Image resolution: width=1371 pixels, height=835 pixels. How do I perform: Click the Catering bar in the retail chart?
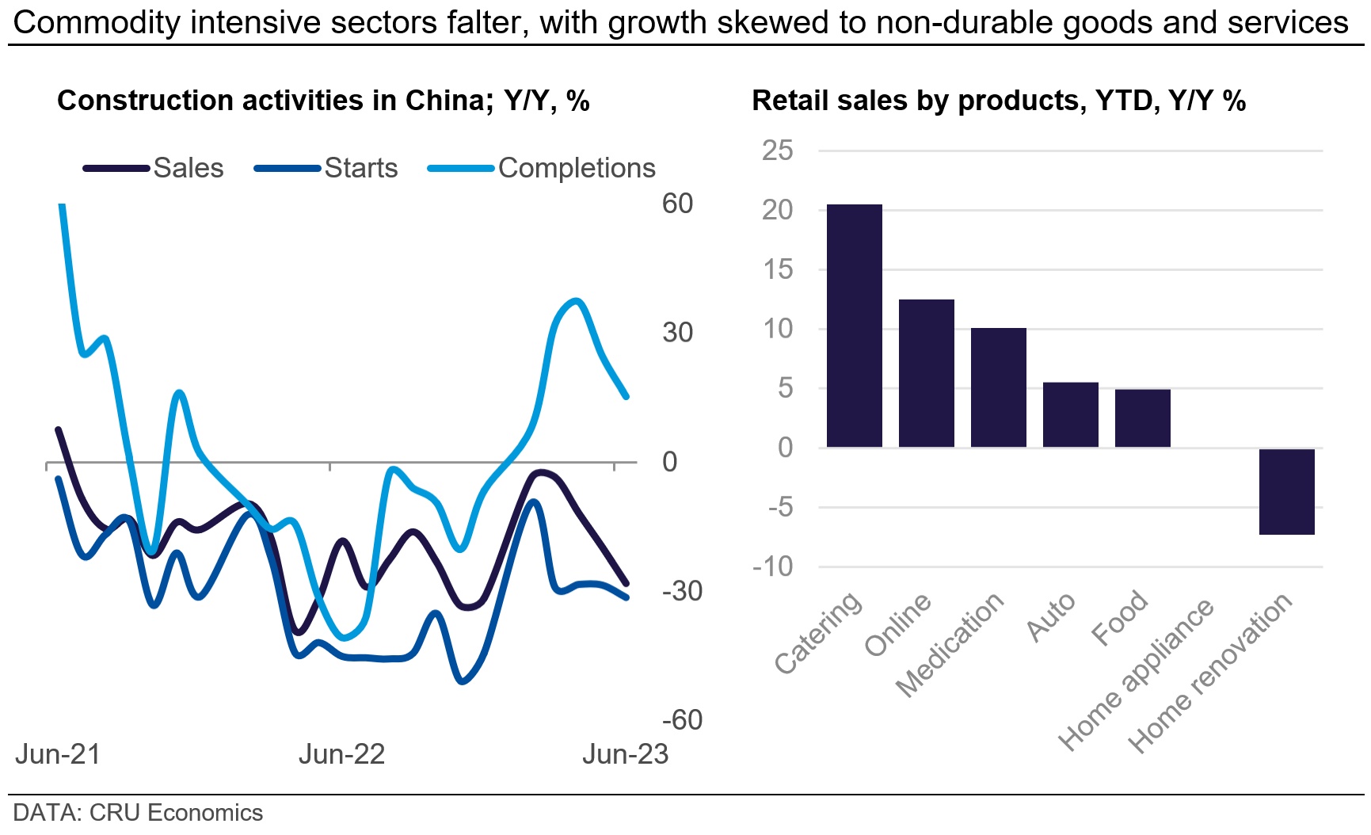(854, 326)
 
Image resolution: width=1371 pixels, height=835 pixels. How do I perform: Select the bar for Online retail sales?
(926, 373)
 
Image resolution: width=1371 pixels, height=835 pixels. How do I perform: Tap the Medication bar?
(998, 387)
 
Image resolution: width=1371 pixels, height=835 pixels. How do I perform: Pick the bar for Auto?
(1070, 414)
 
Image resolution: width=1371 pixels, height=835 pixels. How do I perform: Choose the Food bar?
(1142, 418)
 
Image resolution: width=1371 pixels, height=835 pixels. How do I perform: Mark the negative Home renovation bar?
(1286, 491)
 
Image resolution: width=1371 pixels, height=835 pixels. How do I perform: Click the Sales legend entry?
(188, 168)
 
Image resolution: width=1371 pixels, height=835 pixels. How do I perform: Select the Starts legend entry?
(360, 168)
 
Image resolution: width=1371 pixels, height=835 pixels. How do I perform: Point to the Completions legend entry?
(576, 168)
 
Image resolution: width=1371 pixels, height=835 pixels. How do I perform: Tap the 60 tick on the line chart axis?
(677, 204)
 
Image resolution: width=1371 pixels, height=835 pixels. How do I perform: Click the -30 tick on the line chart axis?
(682, 591)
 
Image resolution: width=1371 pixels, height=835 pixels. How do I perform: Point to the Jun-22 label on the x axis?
(341, 754)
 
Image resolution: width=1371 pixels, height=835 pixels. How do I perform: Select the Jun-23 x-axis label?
(625, 754)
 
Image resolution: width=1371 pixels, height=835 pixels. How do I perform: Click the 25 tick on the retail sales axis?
(777, 151)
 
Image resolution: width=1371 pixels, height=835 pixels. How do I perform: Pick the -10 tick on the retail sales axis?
(773, 566)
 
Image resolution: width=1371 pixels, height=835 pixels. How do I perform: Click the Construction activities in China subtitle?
(323, 101)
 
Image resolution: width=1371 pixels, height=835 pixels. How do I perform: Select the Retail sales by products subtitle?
(998, 101)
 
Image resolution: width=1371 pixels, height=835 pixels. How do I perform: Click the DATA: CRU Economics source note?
(138, 813)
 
